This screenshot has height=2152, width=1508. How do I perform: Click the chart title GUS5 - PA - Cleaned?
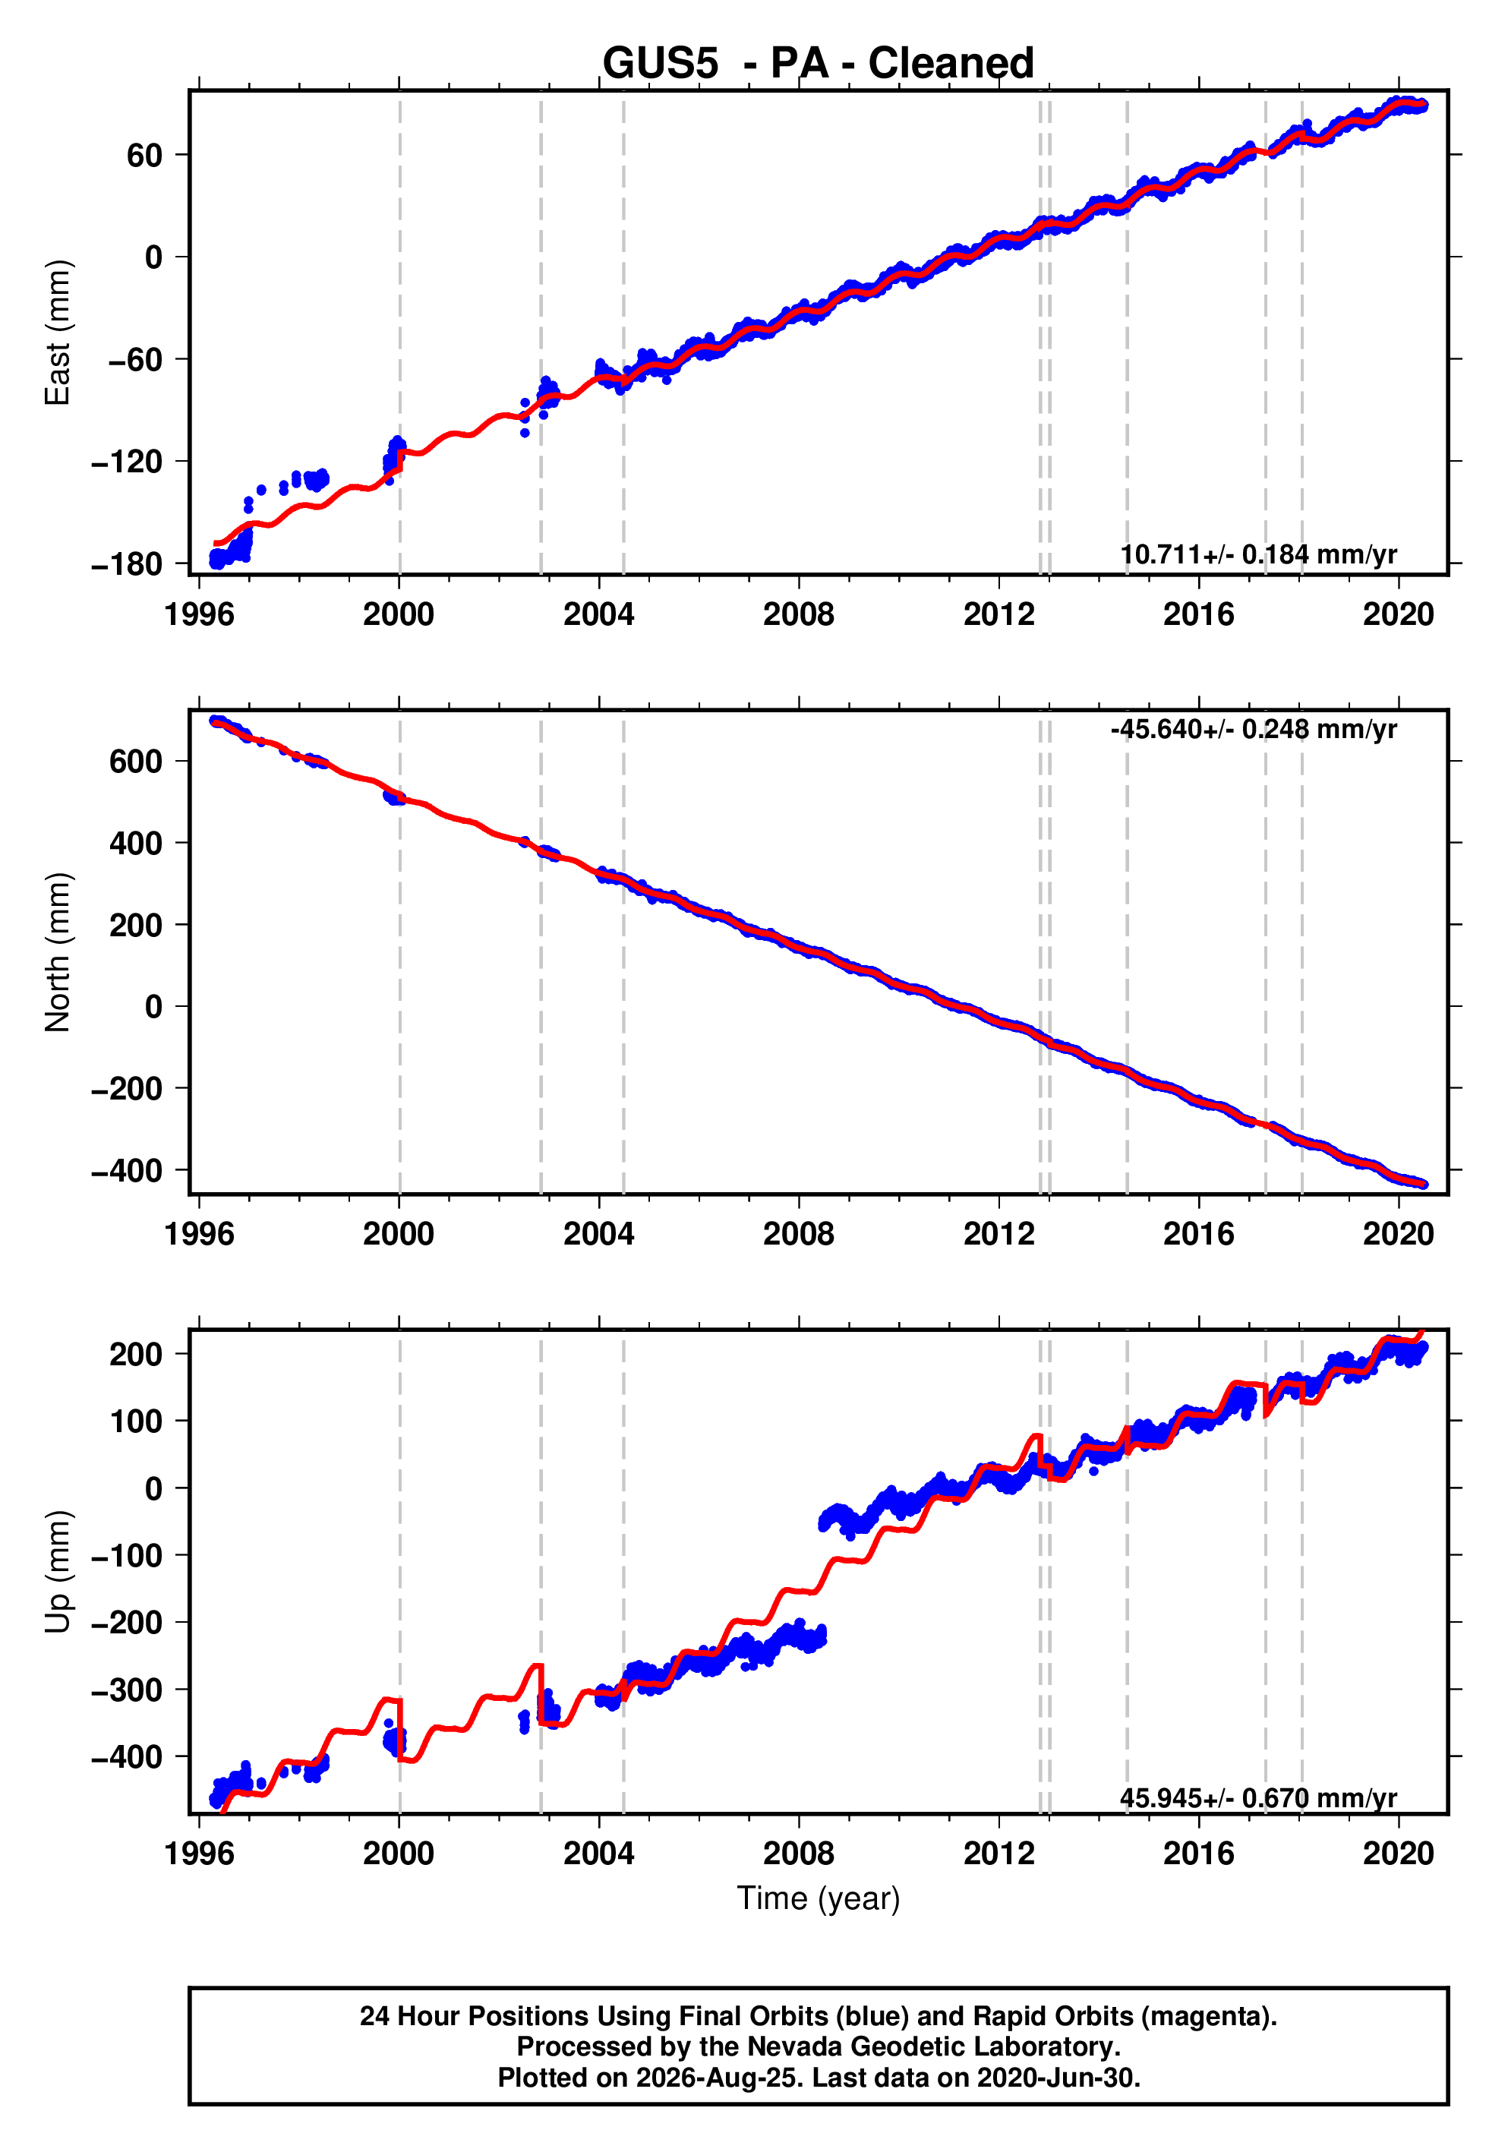click(819, 63)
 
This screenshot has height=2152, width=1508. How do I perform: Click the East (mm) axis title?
click(57, 333)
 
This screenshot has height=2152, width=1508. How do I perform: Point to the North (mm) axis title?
click(57, 952)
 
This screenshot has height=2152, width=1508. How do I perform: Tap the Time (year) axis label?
click(819, 1899)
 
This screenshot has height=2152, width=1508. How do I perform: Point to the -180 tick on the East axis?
click(127, 564)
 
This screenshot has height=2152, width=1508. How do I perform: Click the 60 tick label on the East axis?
click(145, 155)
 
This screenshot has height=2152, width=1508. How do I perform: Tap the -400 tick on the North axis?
click(127, 1171)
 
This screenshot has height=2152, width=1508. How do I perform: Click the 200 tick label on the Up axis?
click(136, 1355)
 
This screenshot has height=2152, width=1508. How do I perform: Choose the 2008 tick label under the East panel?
click(799, 615)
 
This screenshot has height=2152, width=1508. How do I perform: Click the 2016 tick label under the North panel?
click(1199, 1235)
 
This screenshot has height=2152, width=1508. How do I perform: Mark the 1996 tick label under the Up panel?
click(200, 1854)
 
